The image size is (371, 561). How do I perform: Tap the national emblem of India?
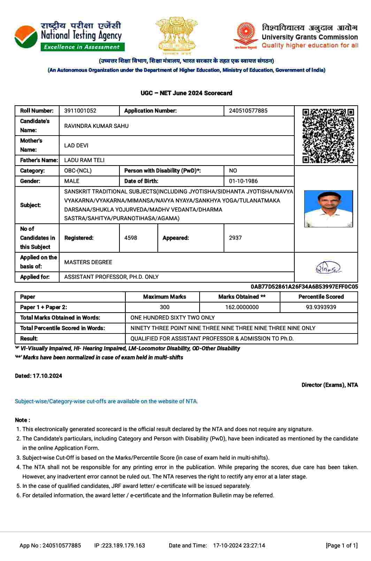[x=176, y=35]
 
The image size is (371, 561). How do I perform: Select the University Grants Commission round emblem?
[x=246, y=34]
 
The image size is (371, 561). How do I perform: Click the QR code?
[x=328, y=136]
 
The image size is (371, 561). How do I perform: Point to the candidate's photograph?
[x=328, y=209]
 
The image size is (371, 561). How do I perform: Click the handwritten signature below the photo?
[x=328, y=268]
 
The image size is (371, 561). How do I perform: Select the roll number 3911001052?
[x=80, y=111]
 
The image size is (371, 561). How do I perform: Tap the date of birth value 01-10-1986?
[x=243, y=181]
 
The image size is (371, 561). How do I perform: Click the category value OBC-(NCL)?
[x=78, y=171]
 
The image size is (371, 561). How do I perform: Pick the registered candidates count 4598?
[x=131, y=238]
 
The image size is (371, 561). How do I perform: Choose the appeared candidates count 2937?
[x=235, y=238]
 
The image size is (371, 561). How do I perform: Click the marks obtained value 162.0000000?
[x=242, y=307]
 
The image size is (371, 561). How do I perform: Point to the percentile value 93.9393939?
[x=321, y=307]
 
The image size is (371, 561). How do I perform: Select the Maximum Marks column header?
[x=164, y=297]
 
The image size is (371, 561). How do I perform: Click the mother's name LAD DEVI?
[x=76, y=146]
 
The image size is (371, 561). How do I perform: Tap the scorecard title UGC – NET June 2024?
[x=186, y=93]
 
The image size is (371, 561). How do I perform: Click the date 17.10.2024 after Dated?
[x=47, y=376]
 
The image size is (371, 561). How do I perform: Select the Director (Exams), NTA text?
[x=330, y=385]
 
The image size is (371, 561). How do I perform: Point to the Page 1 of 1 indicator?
[x=341, y=546]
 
